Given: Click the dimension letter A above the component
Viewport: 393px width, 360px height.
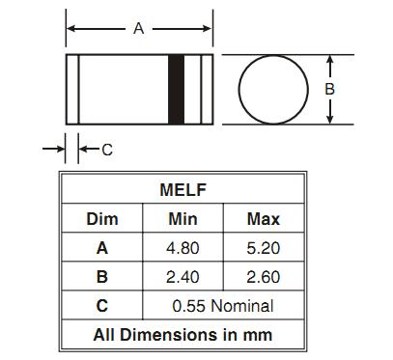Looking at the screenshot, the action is click(138, 29).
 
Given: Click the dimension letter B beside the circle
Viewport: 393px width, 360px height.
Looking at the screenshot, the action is click(329, 89).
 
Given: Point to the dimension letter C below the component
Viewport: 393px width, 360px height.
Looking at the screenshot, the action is click(107, 150).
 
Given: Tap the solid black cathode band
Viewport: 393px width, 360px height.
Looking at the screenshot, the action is click(177, 90).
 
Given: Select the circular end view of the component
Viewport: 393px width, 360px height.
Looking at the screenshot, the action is click(239, 90).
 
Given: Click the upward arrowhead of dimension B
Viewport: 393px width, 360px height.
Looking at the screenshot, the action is click(329, 60).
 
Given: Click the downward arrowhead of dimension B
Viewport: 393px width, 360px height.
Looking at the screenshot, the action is click(329, 120).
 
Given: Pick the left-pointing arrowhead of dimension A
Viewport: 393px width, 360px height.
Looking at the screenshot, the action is click(70, 29).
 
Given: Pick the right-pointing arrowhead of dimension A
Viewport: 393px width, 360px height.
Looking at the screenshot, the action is click(208, 29).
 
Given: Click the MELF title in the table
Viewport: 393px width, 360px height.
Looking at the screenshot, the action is click(182, 190).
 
